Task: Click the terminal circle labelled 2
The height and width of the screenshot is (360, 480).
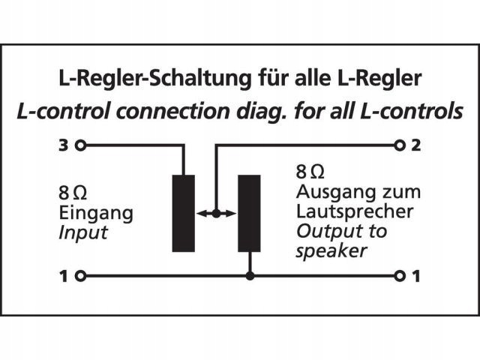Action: [399, 144]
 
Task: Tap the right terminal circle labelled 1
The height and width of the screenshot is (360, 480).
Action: [399, 277]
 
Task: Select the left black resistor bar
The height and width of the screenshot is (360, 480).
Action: [183, 213]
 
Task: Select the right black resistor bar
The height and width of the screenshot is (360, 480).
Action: [249, 213]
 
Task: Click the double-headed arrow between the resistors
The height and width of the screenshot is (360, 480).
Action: [216, 214]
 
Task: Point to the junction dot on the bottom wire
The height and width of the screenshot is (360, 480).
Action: [250, 277]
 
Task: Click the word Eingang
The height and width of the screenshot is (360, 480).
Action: [95, 213]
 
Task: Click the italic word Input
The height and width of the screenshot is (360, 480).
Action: [82, 232]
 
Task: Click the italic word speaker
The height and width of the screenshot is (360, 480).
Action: [331, 251]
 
